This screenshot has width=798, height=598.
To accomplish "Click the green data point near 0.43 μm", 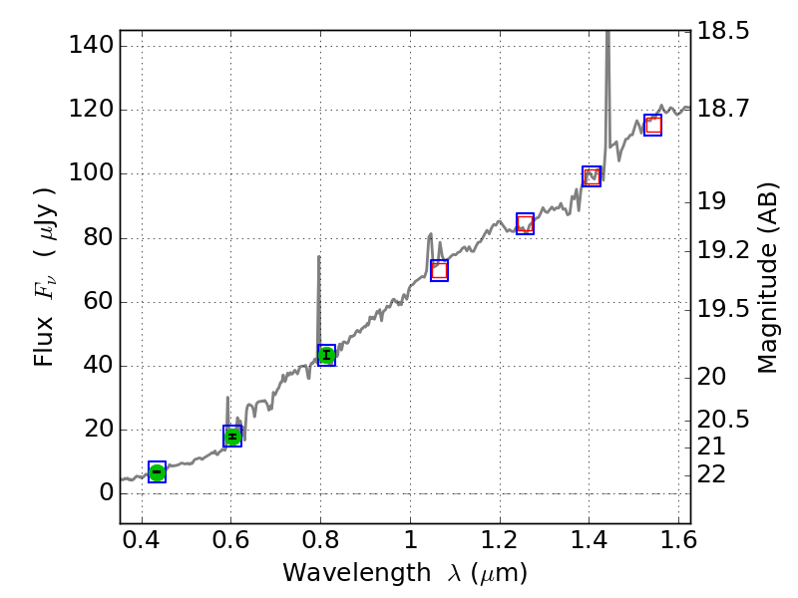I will click(x=157, y=471).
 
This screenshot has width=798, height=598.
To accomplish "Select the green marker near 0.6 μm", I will click(x=232, y=436).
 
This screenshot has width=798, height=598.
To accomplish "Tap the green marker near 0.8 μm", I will click(x=326, y=355).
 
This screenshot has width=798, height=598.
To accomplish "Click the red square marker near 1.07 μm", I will click(x=439, y=270).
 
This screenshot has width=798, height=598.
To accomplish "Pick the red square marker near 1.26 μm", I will click(x=525, y=223).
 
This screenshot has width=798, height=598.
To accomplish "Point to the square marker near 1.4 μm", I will click(x=592, y=176).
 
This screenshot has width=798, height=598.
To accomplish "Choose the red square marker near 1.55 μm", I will click(x=653, y=125).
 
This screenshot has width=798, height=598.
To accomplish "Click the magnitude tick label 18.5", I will click(x=722, y=31).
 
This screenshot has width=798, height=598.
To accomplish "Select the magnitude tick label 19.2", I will click(x=722, y=249).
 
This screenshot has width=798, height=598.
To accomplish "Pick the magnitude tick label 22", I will click(x=713, y=472).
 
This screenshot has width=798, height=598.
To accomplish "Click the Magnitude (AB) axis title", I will click(x=767, y=277).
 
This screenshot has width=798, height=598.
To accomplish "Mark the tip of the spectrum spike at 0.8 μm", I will click(x=319, y=256).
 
